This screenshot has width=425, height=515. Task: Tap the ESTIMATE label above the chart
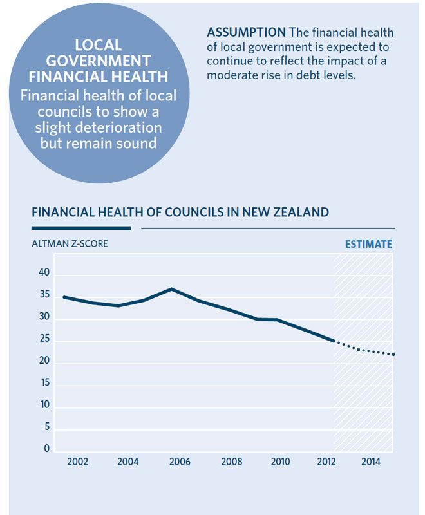point(368,245)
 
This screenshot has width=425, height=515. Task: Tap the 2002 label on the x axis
point(79,462)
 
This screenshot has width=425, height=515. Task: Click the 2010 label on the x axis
point(279,462)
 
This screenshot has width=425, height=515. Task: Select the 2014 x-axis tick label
point(370,462)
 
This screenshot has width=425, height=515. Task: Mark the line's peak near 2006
point(171,289)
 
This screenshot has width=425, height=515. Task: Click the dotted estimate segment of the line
point(364,350)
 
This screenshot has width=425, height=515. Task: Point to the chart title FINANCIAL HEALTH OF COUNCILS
point(180,212)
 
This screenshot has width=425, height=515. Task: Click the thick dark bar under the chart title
point(81,227)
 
